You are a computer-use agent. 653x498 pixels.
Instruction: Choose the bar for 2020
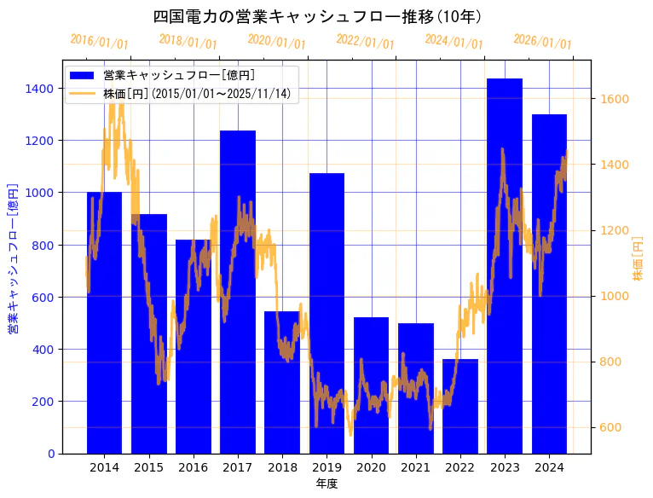(x=371, y=385)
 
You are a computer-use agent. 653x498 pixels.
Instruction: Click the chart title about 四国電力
(x=317, y=16)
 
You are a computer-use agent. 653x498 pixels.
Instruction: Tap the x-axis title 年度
(x=326, y=484)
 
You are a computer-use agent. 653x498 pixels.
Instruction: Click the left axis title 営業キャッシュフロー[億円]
(x=13, y=257)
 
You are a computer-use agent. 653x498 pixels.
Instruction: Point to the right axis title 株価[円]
(x=638, y=260)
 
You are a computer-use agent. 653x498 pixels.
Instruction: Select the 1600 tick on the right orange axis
(x=614, y=99)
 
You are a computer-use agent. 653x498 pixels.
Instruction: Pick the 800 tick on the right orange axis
(x=610, y=362)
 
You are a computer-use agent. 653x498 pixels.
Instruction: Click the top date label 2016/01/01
(x=100, y=42)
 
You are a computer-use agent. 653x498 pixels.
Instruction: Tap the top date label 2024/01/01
(x=454, y=42)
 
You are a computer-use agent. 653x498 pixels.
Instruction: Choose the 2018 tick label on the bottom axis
(x=282, y=467)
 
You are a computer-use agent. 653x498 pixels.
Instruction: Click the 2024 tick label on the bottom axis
(x=549, y=467)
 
